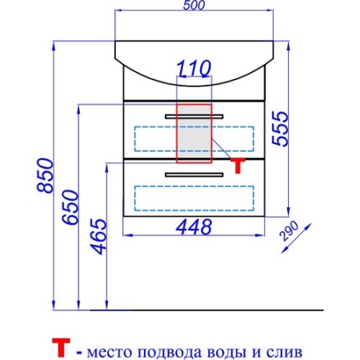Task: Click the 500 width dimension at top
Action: point(194,6)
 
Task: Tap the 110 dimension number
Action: point(194,68)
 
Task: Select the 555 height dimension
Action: point(281,129)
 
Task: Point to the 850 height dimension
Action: point(46,175)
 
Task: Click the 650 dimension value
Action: point(70,207)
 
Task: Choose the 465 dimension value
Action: point(98,237)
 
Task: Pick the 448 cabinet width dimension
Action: point(194,227)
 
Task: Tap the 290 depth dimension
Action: point(289,231)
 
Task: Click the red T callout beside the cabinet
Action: point(238,166)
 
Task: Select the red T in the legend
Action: point(61,347)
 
